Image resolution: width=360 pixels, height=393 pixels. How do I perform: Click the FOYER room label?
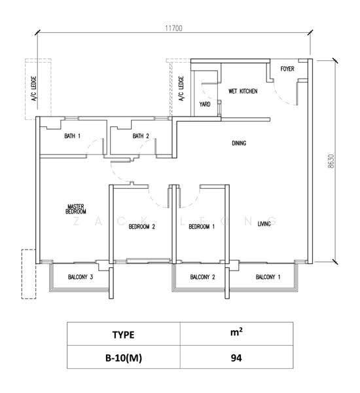point(287,69)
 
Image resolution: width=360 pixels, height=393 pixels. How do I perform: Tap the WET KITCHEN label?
point(243,91)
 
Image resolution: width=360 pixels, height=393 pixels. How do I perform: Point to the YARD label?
point(205,104)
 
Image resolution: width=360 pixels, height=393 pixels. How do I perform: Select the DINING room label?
point(239,143)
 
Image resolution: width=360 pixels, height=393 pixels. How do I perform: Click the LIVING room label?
point(264,223)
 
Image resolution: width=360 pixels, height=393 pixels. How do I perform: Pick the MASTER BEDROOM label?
point(76,209)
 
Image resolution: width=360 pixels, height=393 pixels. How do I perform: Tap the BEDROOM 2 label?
point(142,227)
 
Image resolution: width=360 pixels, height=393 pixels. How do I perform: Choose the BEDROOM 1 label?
point(202,227)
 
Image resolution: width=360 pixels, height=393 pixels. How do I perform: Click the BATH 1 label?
point(73,136)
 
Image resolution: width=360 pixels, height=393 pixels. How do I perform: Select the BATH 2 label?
point(141,136)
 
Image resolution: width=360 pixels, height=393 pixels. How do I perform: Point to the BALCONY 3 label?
point(81,277)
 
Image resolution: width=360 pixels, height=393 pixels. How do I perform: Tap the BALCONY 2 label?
point(202,277)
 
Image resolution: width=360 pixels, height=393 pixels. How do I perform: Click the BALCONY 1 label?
point(268,277)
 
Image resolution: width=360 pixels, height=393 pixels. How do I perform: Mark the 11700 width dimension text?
point(173,28)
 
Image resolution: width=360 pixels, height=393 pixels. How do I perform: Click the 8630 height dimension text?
point(331,161)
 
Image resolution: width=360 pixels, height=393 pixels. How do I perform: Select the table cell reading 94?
point(236,358)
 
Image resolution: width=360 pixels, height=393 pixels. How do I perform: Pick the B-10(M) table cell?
point(124,358)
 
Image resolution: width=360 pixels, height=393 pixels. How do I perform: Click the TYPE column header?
point(123,335)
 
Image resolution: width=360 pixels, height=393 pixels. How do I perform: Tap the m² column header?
point(236,333)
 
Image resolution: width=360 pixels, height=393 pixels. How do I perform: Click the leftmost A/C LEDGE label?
point(34,88)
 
